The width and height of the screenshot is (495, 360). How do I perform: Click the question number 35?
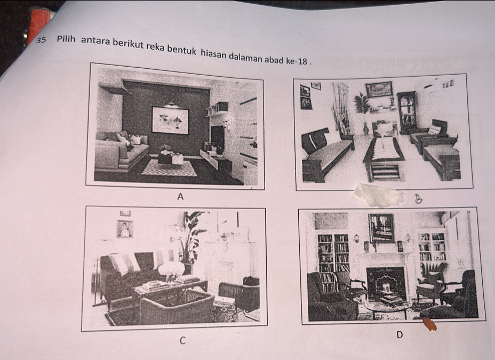41,40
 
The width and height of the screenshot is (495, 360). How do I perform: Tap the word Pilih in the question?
66,39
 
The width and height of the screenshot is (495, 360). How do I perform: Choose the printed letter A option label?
180,197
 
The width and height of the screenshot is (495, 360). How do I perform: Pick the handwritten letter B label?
418,199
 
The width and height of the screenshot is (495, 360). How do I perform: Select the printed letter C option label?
182,340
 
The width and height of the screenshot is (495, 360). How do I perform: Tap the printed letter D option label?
400,335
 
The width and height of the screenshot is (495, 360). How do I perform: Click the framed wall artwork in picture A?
170,121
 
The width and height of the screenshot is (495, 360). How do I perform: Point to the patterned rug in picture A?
170,169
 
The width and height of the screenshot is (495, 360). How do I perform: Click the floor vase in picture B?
365,129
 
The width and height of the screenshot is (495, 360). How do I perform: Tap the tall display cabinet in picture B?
406,112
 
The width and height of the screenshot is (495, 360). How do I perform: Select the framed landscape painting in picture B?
379,89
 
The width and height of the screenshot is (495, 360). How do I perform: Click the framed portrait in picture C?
125,229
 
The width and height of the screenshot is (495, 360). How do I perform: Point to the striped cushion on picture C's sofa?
124,263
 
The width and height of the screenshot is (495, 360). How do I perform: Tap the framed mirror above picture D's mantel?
382,228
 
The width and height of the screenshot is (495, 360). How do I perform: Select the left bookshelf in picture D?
333,261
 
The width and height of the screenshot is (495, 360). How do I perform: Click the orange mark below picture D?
429,324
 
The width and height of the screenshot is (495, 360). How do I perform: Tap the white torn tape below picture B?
379,194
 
